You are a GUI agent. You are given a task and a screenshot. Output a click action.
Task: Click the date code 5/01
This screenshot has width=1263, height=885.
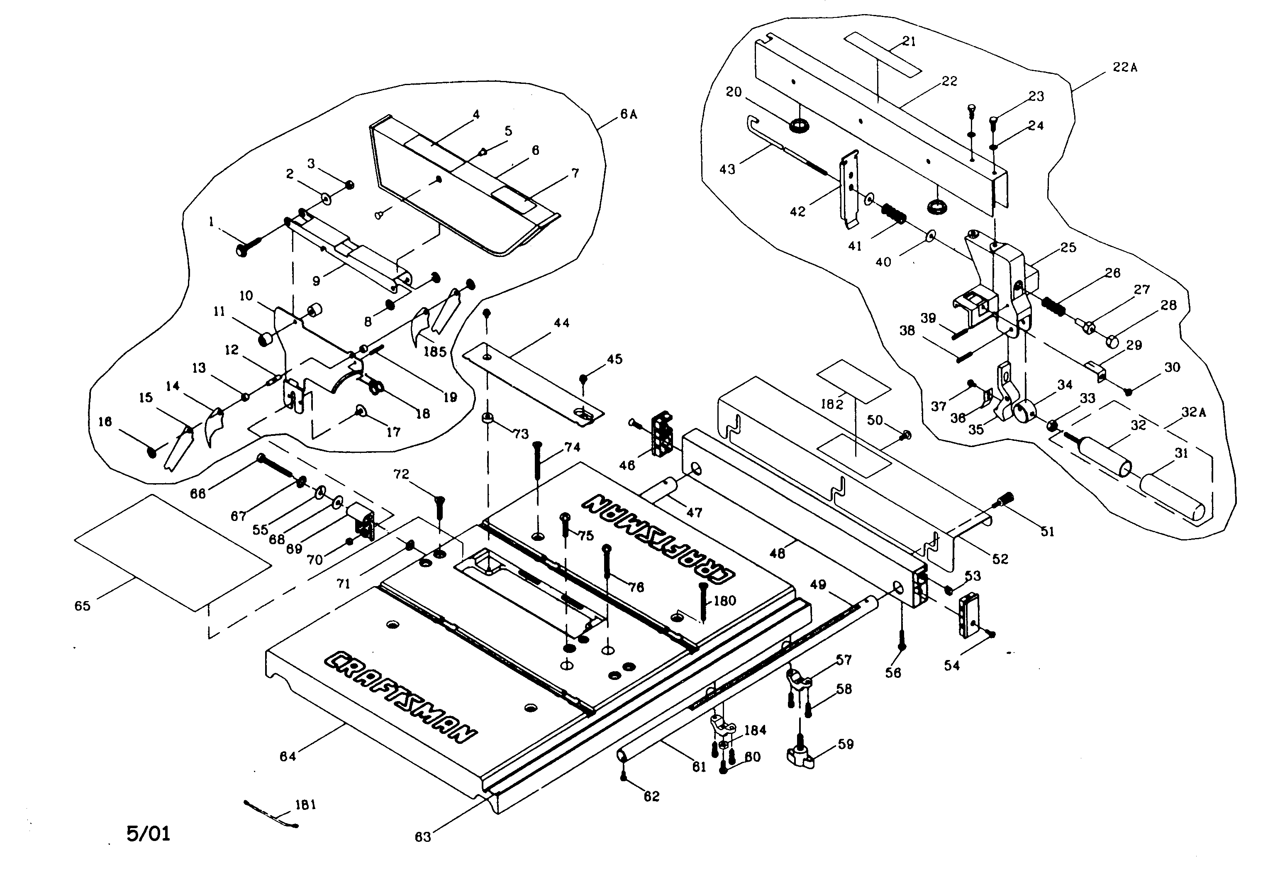[x=149, y=833]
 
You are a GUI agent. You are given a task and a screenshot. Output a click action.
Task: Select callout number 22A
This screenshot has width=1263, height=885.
[x=1124, y=67]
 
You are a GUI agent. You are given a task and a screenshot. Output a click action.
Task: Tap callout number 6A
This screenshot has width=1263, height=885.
[x=628, y=115]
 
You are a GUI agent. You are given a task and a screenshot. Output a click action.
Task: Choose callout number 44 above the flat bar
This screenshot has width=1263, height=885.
[x=561, y=323]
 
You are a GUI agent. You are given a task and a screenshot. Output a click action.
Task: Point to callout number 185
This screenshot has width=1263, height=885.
[x=434, y=351]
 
